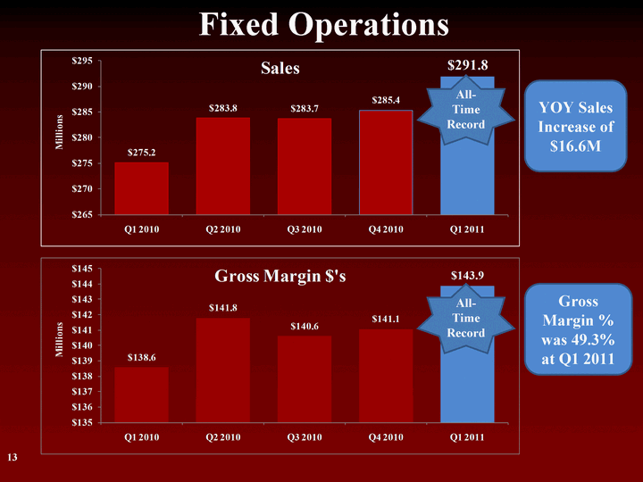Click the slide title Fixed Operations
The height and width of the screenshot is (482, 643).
(322, 25)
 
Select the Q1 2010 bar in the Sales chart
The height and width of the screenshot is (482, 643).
(141, 188)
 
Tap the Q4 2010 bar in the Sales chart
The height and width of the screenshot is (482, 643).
(386, 162)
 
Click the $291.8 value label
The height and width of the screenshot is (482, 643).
(467, 64)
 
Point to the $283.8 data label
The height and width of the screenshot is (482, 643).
(222, 108)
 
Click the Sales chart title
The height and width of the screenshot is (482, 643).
(280, 69)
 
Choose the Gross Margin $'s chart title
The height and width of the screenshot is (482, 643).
(280, 277)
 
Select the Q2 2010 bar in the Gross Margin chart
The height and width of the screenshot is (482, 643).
(222, 370)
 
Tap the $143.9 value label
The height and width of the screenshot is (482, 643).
(467, 275)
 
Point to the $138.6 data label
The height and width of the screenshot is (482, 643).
(141, 357)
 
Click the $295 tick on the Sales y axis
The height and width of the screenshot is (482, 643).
(83, 62)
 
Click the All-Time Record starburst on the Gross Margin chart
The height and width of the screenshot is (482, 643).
(467, 318)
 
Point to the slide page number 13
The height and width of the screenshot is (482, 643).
(13, 458)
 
